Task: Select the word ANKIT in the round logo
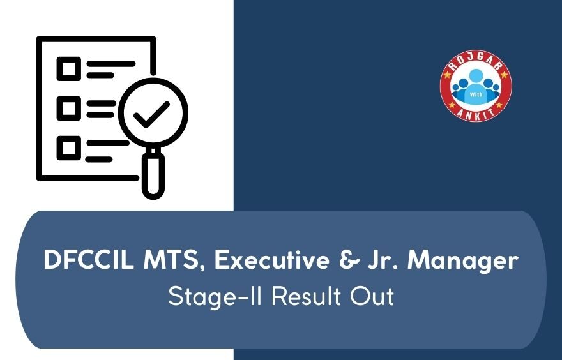point(476,114)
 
